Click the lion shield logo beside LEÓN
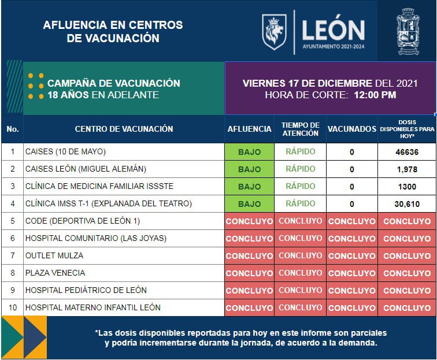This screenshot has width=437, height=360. coord(274,32)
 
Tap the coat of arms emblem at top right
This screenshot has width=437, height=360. coord(408,31)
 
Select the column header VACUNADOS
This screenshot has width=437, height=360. coord(351,129)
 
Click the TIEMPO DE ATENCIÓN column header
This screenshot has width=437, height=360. coord(301,129)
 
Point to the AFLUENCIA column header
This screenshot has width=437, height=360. coord(250,129)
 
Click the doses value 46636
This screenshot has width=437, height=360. coord(407,152)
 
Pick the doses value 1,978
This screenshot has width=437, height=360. coord(407,169)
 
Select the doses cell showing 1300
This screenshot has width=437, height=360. coord(407,187)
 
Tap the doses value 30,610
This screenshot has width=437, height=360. coord(407,204)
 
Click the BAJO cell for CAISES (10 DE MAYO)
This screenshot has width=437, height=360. coord(250,152)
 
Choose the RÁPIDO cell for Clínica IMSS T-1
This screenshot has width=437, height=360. coord(301,203)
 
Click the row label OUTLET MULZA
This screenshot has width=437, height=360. coord(54,255)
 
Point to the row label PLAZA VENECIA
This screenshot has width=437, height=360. coord(55,273)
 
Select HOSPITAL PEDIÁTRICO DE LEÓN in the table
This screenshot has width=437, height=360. coord(86,290)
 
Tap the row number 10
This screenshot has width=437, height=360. coord(13,307)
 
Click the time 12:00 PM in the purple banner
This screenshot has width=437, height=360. coord(375,95)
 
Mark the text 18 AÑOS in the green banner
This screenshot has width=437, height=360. coord(68,95)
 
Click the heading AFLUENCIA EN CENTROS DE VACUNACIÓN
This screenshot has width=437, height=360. coord(113,31)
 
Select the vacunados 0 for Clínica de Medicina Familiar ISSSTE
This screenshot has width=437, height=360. coord(351,187)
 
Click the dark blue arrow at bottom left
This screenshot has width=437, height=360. coord(35,337)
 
